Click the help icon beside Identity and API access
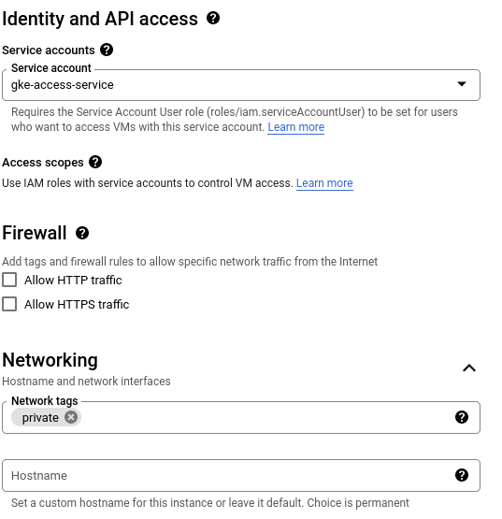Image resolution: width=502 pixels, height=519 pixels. pyautogui.click(x=213, y=18)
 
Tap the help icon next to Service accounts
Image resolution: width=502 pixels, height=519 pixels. pyautogui.click(x=107, y=50)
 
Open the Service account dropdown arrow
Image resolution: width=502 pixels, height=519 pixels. pyautogui.click(x=462, y=84)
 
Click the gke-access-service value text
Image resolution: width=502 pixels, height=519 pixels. pyautogui.click(x=63, y=85)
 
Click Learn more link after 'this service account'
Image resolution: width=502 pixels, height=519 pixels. pyautogui.click(x=295, y=127)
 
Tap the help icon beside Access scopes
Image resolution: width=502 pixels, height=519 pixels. pyautogui.click(x=95, y=162)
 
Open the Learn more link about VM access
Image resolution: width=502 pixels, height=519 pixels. pyautogui.click(x=324, y=183)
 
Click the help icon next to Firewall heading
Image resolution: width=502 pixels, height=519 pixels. pyautogui.click(x=82, y=233)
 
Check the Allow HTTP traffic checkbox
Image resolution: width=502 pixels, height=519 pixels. pyautogui.click(x=9, y=280)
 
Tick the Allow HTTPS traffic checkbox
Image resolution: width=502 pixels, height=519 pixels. pyautogui.click(x=9, y=304)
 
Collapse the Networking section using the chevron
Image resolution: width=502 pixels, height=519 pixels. pyautogui.click(x=469, y=368)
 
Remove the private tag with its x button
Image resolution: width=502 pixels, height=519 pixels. pyautogui.click(x=71, y=417)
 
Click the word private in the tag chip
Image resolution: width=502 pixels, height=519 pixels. pyautogui.click(x=40, y=418)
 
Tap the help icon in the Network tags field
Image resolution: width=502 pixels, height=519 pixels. pyautogui.click(x=462, y=417)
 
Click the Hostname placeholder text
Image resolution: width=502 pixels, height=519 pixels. pyautogui.click(x=39, y=476)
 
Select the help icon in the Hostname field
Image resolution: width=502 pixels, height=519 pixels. pyautogui.click(x=462, y=475)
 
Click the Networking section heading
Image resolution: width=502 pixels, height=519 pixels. pyautogui.click(x=50, y=360)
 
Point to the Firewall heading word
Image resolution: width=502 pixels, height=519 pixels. pyautogui.click(x=35, y=233)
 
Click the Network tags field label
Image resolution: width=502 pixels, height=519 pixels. pyautogui.click(x=45, y=401)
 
